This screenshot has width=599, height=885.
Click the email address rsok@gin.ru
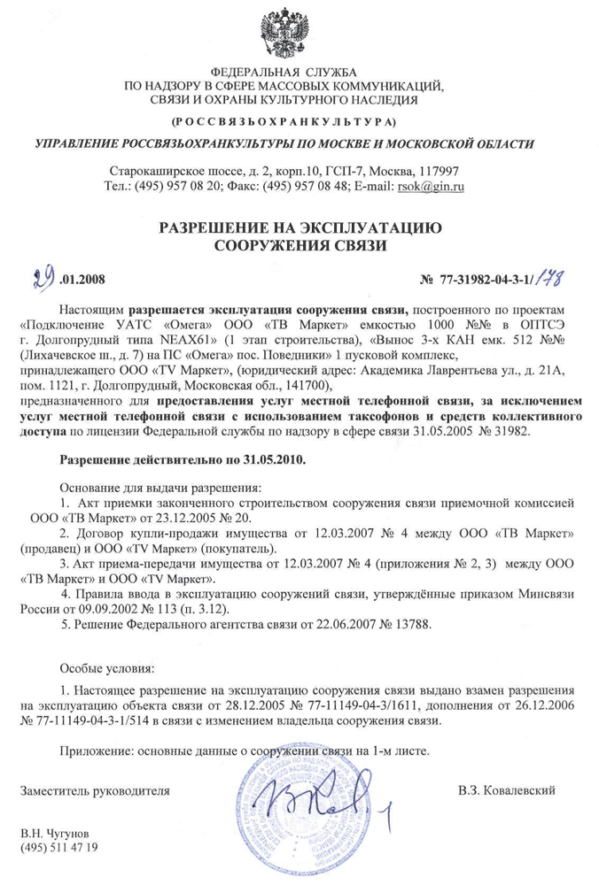435,186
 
